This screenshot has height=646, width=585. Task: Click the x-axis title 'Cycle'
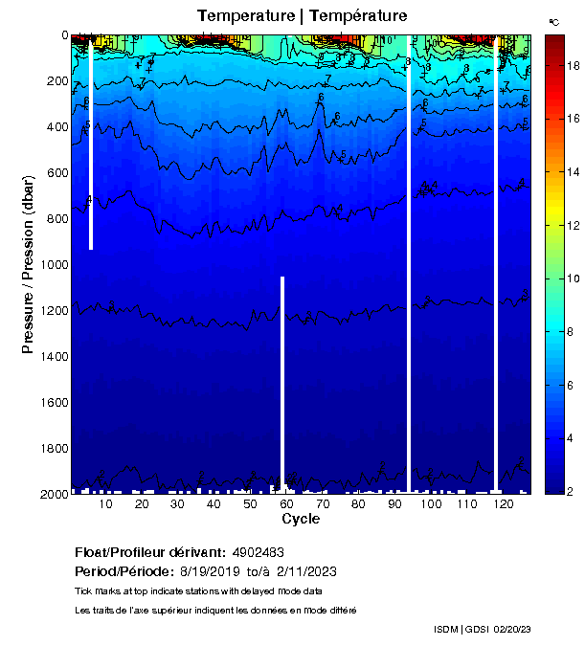coord(301,519)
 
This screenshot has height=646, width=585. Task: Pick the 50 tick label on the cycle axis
coord(249,504)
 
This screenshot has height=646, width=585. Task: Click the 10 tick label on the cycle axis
coord(104,504)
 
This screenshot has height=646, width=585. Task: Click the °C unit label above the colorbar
coord(554,21)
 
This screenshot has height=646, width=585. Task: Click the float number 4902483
coord(258,553)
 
